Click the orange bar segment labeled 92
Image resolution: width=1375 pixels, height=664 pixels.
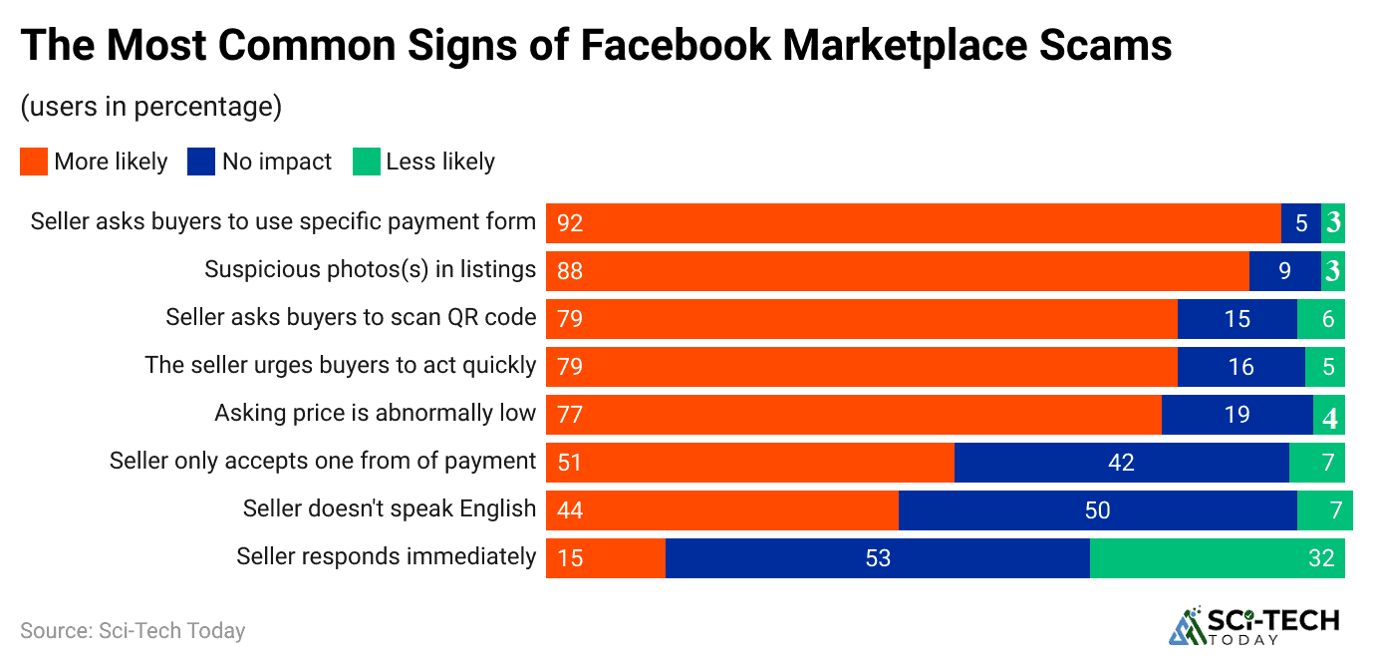(x=913, y=223)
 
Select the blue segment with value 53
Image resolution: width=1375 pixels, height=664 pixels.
(x=877, y=558)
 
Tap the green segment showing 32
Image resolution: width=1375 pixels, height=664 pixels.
(x=1217, y=558)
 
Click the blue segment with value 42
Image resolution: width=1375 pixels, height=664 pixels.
(x=1121, y=463)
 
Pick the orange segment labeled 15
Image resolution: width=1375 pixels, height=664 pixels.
(x=605, y=558)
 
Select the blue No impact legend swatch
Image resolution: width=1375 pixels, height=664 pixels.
(x=201, y=162)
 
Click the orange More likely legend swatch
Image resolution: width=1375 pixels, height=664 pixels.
(x=34, y=162)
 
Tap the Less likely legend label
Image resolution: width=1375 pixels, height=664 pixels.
(x=439, y=162)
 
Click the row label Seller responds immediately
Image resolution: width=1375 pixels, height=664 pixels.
(x=386, y=556)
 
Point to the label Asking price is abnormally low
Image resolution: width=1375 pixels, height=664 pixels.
(x=375, y=413)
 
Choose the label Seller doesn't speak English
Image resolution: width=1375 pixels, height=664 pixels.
(x=389, y=508)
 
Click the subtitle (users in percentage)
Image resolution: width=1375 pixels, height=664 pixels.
(x=150, y=106)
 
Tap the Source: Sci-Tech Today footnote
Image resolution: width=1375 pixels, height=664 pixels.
(x=133, y=631)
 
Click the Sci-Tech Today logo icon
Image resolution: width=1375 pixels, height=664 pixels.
(x=1186, y=627)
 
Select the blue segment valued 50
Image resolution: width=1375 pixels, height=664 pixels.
(x=1097, y=510)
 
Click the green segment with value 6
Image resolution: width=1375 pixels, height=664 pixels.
(x=1320, y=319)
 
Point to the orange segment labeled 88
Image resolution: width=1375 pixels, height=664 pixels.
(x=897, y=271)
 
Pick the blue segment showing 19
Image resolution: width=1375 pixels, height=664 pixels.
(x=1237, y=415)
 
